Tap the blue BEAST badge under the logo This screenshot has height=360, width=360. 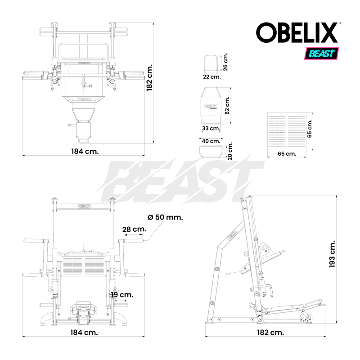[x=322, y=54]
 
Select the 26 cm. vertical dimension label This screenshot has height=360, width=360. [x=226, y=62]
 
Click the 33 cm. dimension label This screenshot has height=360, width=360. [x=211, y=129]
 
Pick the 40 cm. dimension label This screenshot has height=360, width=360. [x=211, y=141]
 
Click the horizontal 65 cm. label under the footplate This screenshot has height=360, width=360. [x=287, y=154]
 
